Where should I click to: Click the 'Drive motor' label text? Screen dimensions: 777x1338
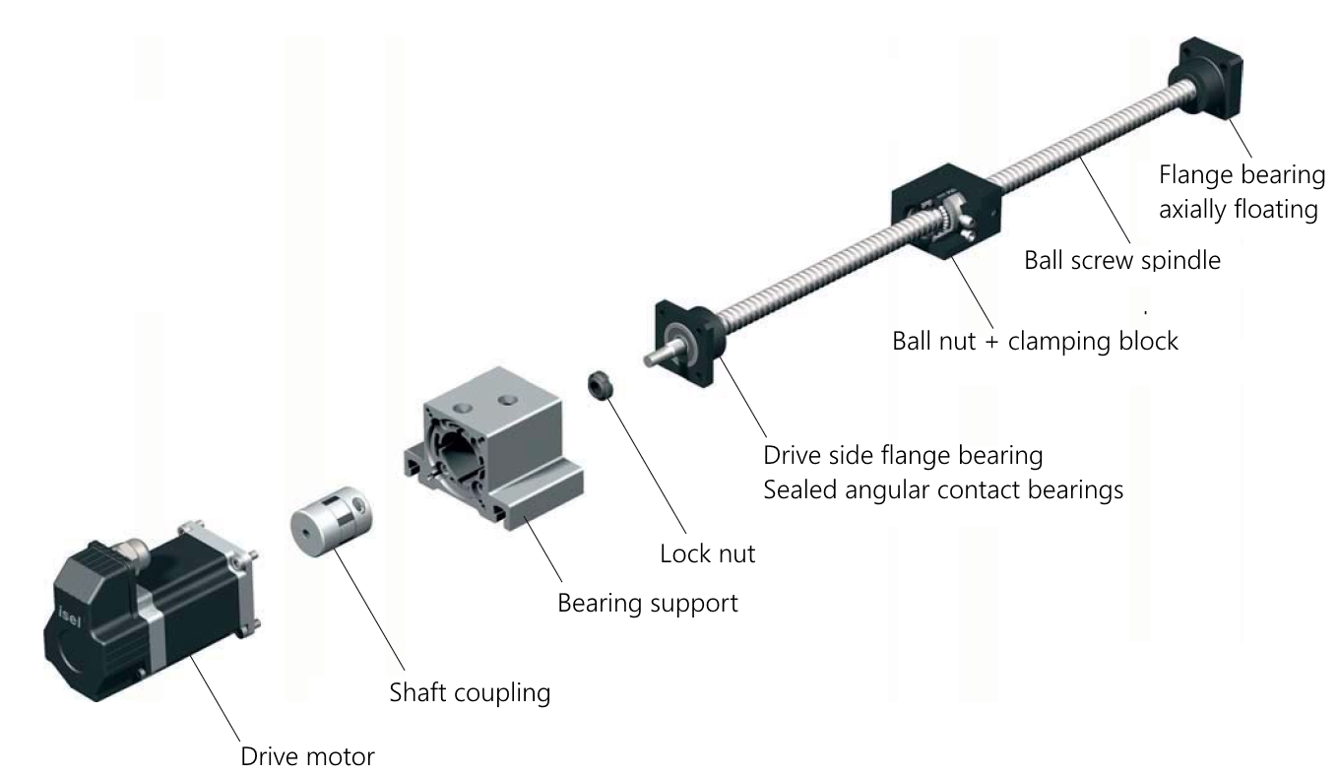307,757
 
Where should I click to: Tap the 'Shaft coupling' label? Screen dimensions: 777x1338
470,691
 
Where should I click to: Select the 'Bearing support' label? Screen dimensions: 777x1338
647,602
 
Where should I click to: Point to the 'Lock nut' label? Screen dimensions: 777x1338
707,552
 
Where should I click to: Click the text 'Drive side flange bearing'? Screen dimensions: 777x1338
903,457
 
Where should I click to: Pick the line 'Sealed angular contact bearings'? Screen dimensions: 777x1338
943,489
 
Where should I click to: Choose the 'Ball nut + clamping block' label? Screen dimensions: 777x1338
1034,342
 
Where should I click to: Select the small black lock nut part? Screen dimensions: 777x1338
601,385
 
